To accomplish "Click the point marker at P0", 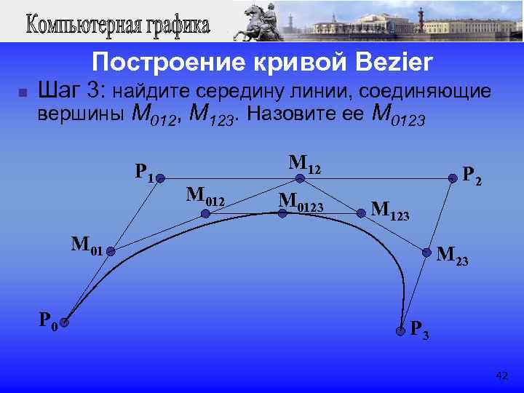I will tap(64, 322).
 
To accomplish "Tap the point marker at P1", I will tap(159, 177).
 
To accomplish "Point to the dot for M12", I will tap(299, 177).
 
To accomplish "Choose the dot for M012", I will tap(205, 214).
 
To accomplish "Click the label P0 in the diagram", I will tap(49, 320).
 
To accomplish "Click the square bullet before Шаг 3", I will tap(22, 93).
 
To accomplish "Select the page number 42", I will tap(501, 376).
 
